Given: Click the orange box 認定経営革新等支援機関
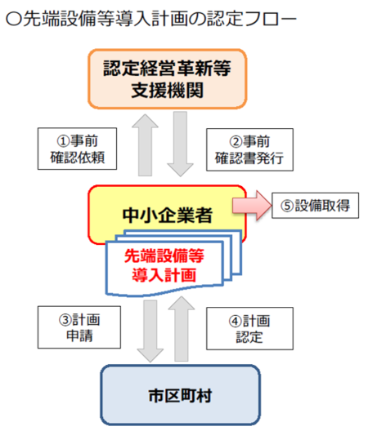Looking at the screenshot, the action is click(x=167, y=79).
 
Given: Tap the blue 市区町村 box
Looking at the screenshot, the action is click(x=180, y=395).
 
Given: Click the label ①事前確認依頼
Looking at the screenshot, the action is click(x=77, y=149).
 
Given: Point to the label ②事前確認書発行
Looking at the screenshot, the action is click(x=249, y=150).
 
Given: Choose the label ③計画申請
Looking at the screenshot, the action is click(x=79, y=327).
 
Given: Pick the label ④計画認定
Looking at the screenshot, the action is click(x=249, y=328).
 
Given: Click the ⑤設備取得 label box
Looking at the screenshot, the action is click(x=315, y=206).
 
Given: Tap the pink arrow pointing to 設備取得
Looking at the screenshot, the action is click(x=252, y=206).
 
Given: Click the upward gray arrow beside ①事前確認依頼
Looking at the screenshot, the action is click(x=146, y=145).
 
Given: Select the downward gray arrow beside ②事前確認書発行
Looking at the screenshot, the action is click(x=181, y=144).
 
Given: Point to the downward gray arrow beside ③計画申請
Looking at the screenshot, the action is click(x=150, y=331).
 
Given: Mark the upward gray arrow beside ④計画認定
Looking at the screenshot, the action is click(x=182, y=329).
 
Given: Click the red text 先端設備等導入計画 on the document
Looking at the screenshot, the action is click(x=164, y=265).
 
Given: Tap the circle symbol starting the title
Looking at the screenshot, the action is click(x=14, y=20).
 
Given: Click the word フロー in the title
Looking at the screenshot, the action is click(x=271, y=20).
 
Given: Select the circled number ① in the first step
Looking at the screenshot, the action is click(x=63, y=141).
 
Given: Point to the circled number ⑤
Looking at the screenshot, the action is click(x=287, y=206).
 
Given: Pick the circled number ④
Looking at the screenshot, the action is click(x=235, y=322).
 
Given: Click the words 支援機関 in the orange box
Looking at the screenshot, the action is click(x=167, y=90).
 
